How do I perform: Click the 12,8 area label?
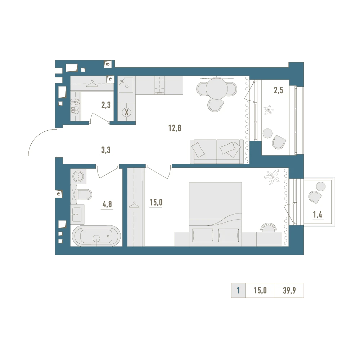175,128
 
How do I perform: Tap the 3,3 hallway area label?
106,150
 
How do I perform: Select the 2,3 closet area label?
106,105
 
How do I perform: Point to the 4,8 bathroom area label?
107,204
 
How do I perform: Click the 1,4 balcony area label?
318,215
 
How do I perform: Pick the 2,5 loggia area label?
278,90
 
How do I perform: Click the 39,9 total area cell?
289,291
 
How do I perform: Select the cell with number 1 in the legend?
238,291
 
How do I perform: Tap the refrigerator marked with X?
126,112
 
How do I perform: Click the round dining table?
217,89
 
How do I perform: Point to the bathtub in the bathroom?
96,236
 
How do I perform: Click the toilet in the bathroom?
84,194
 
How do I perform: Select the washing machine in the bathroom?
78,176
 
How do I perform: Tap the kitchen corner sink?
126,85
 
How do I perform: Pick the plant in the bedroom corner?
272,177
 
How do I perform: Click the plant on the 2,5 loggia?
268,110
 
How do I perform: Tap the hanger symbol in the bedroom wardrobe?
134,205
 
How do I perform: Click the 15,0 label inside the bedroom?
156,202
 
